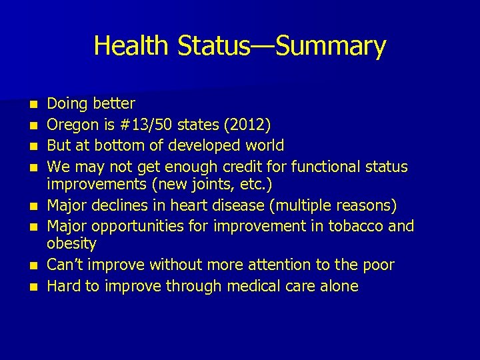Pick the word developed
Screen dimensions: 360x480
pos(197,145)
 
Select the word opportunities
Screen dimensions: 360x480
pos(135,225)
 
